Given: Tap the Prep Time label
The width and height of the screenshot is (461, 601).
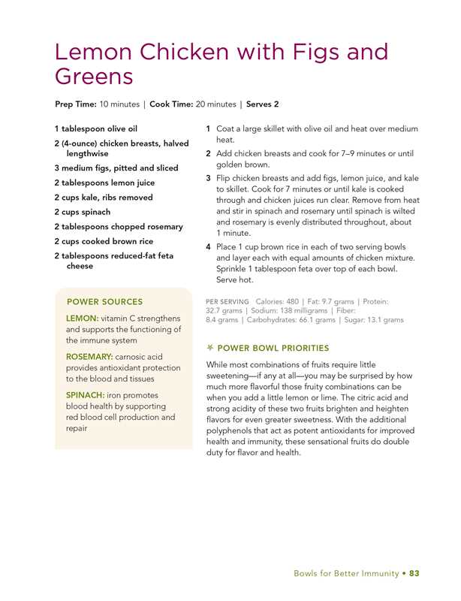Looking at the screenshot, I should [x=75, y=104].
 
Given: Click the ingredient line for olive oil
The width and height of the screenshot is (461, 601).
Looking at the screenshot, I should [x=95, y=129].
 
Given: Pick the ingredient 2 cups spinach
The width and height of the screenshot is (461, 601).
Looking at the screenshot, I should [x=82, y=212].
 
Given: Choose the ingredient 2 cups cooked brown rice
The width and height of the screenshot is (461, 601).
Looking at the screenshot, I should [x=104, y=241].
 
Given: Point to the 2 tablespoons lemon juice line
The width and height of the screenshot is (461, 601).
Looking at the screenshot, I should [x=104, y=183].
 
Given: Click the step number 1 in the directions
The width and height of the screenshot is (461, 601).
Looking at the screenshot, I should [x=208, y=129].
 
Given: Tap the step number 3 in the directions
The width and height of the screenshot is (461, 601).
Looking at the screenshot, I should [x=208, y=178].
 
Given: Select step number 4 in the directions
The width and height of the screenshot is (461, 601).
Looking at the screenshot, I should [x=208, y=247].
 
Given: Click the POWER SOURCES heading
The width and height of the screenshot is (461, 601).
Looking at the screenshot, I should [x=104, y=302].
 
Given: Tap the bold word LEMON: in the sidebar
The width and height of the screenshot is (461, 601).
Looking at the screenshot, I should [x=82, y=319].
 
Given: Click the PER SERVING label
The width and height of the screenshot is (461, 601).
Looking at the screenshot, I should [x=227, y=301].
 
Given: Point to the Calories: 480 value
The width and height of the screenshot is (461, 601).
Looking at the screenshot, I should [x=282, y=301].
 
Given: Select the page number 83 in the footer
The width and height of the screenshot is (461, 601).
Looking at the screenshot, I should [x=414, y=574].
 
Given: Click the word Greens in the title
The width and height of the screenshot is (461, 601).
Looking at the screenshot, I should [x=94, y=77].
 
